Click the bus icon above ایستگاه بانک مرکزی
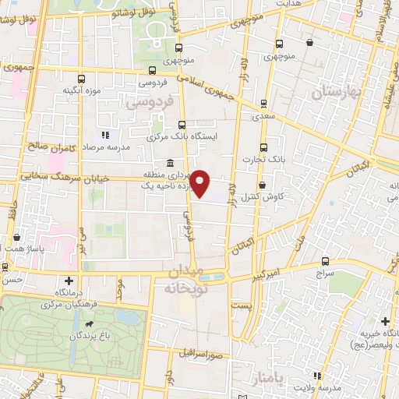182,125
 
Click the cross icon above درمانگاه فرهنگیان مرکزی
69,281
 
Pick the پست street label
245,305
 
